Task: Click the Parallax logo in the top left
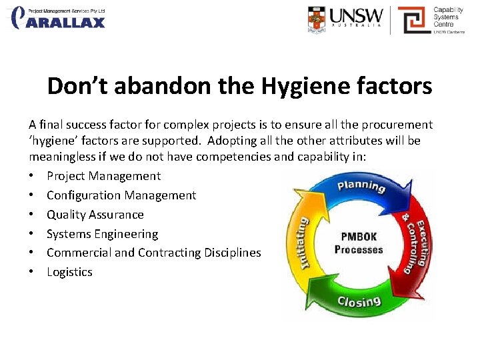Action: (x=59, y=18)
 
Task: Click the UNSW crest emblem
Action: (x=317, y=19)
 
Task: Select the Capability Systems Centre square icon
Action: (x=413, y=19)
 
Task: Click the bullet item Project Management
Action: (x=103, y=176)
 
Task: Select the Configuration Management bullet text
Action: (x=121, y=195)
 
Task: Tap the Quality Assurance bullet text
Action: (x=95, y=215)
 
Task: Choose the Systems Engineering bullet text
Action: (x=102, y=234)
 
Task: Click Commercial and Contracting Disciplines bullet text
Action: (x=153, y=253)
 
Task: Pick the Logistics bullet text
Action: (x=69, y=272)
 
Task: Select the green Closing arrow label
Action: (x=359, y=301)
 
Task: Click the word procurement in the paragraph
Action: (x=396, y=125)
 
